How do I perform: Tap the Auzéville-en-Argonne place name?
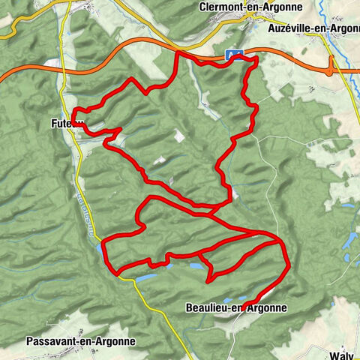pos(313,29)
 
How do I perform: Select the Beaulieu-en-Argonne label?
pos(235,307)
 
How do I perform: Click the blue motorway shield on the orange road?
pos(235,54)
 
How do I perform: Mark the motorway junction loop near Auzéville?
pos(330,67)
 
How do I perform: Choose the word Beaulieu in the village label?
pos(204,307)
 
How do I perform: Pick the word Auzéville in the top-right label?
pos(289,29)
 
